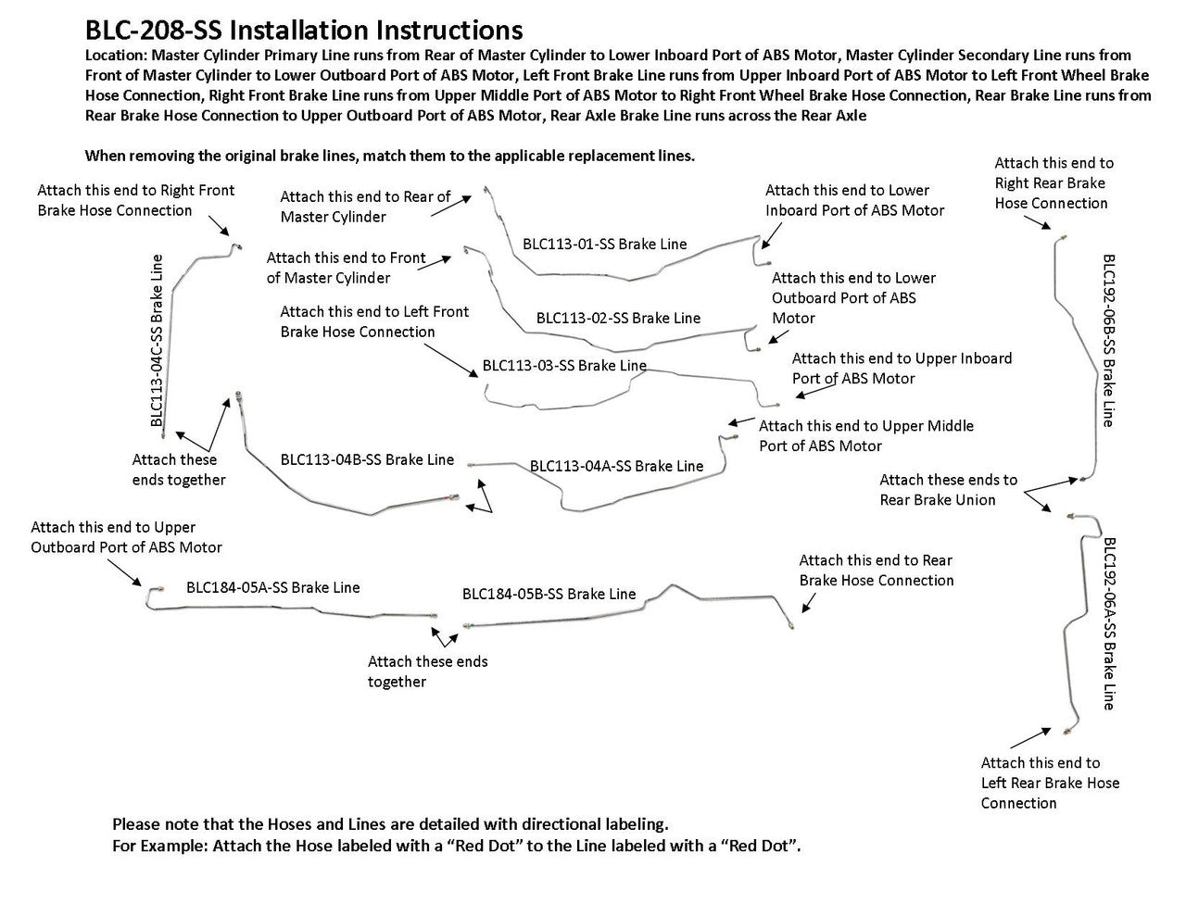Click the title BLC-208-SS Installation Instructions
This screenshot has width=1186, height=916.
304,32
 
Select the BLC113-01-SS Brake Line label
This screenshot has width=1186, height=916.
604,245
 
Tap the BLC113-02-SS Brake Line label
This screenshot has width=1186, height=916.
618,318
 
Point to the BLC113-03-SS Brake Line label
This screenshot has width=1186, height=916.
564,365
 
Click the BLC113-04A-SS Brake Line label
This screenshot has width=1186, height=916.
616,466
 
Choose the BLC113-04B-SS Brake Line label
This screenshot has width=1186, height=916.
367,459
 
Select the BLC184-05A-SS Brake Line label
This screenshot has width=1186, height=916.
272,587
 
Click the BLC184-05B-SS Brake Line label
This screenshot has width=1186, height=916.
549,594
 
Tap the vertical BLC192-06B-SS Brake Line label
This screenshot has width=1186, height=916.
1108,340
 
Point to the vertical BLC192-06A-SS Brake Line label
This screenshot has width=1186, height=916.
1108,623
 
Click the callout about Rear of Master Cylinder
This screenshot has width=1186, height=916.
365,207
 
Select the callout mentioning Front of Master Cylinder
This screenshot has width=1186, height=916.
346,268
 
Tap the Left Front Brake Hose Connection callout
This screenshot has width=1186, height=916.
374,321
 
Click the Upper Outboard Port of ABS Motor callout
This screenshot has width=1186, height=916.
126,537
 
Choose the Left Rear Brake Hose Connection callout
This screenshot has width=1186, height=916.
1050,783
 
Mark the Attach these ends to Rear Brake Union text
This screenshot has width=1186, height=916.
948,490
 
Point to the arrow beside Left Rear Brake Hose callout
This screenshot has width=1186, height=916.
1030,737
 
